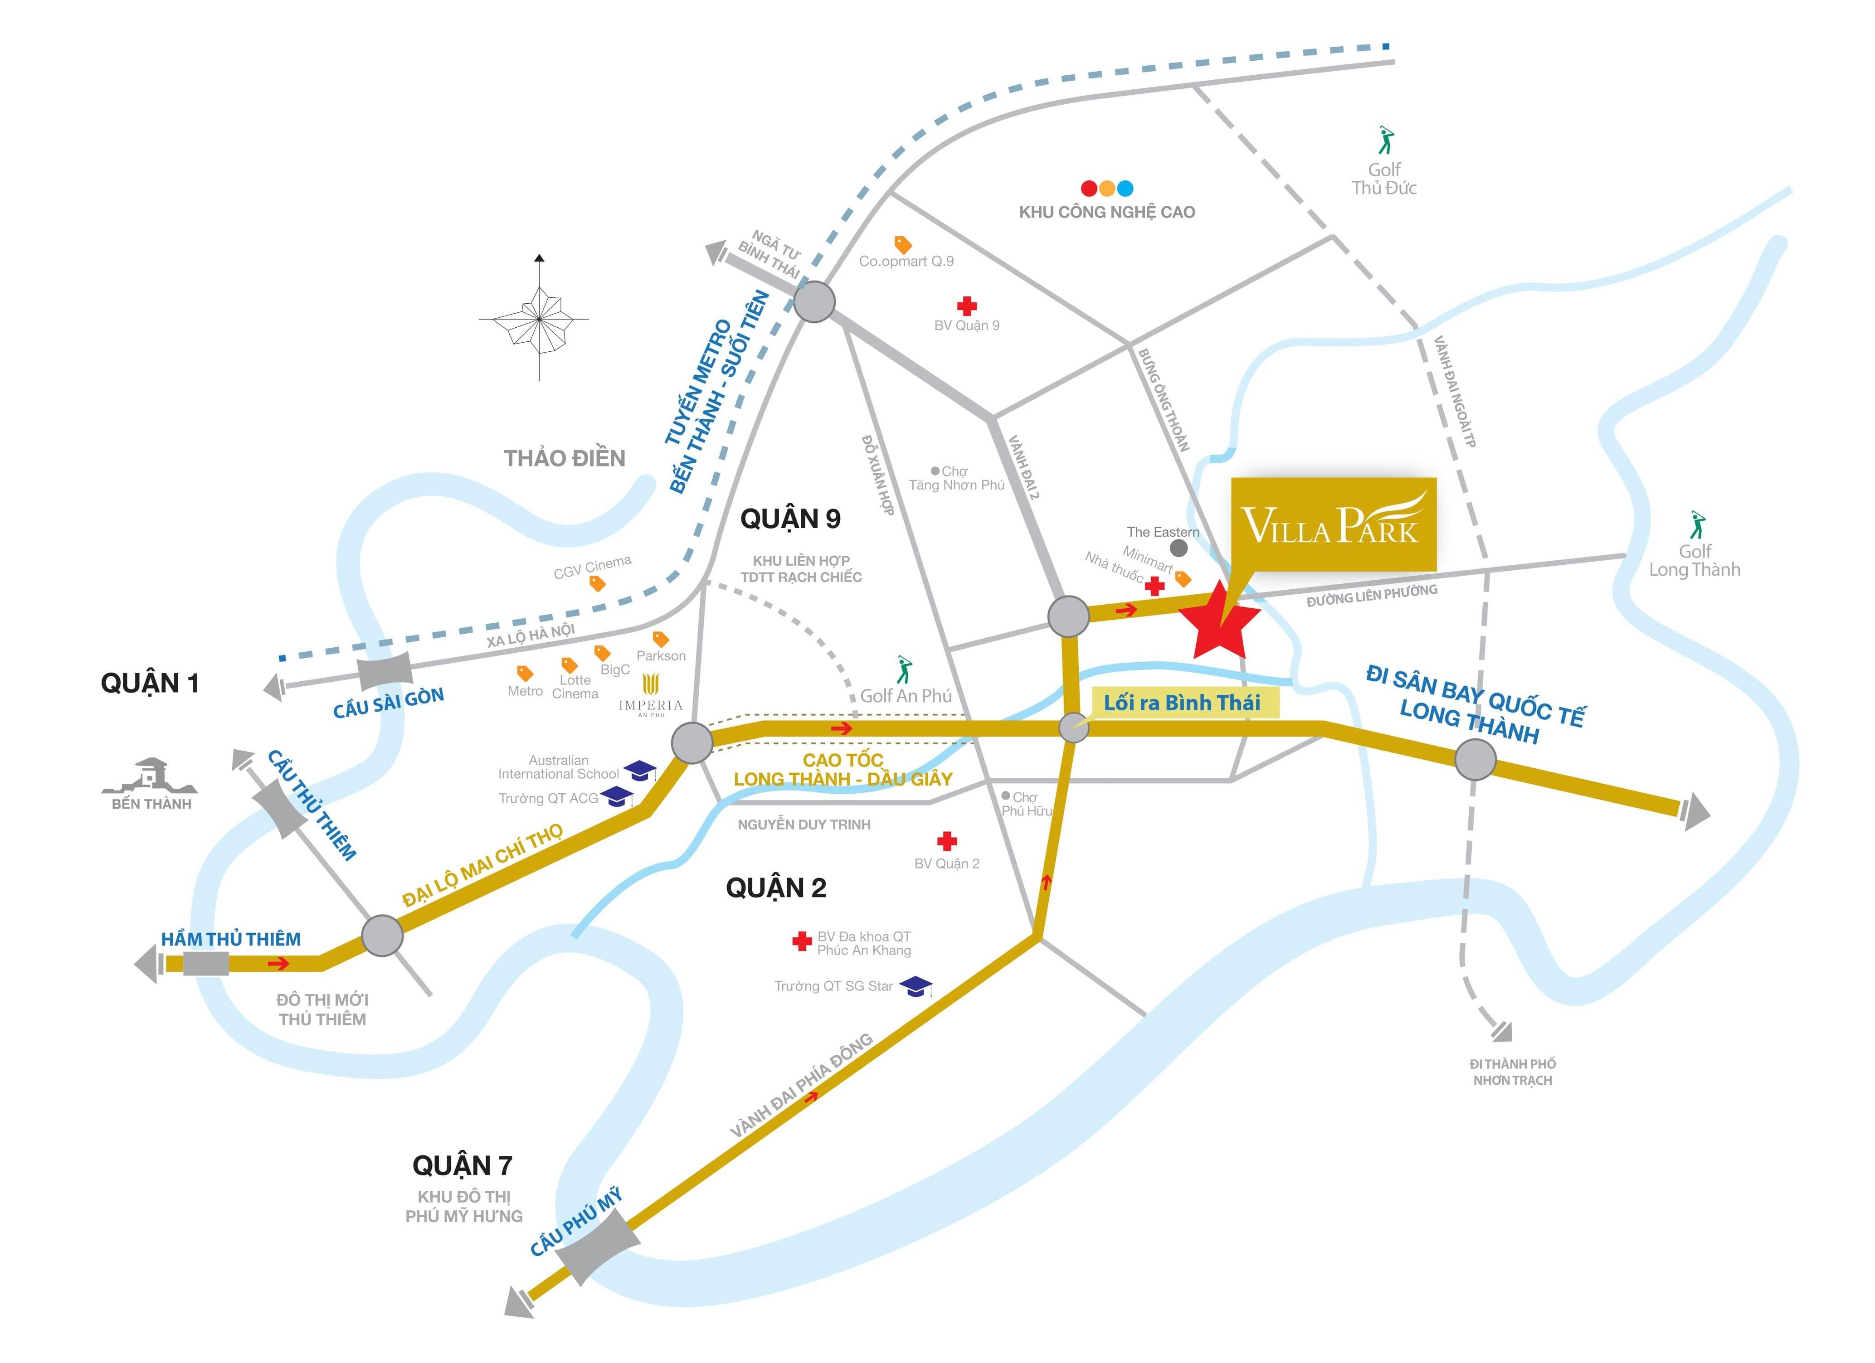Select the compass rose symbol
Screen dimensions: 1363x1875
[539, 318]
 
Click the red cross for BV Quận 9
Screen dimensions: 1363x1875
[966, 306]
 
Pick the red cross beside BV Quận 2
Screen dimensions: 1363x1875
[947, 841]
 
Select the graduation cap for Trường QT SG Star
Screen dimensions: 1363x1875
[915, 986]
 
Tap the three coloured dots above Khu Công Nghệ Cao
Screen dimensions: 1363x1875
[1107, 189]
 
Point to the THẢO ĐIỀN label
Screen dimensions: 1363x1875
[565, 459]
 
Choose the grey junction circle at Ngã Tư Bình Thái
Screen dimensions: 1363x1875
[814, 302]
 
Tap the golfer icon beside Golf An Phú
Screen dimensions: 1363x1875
[904, 669]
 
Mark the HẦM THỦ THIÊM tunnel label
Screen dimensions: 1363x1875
[231, 939]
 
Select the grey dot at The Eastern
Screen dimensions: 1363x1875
[1179, 548]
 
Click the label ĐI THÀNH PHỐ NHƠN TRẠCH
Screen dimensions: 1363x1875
[1512, 1072]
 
